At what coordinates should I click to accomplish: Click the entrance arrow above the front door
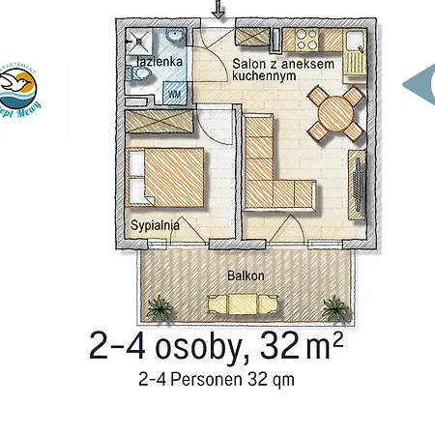[217, 10]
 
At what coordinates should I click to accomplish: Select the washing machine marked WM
[175, 93]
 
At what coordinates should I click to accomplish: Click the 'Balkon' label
[246, 275]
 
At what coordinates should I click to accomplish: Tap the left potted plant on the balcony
[159, 308]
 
